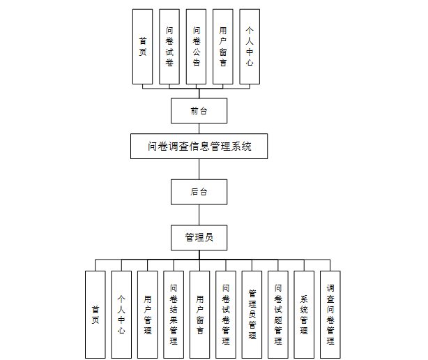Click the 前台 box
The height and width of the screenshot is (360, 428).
pyautogui.click(x=199, y=110)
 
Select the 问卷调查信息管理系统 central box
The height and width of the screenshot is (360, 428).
pyautogui.click(x=199, y=147)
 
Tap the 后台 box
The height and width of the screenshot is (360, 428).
pyautogui.click(x=199, y=191)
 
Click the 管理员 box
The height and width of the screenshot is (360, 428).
pyautogui.click(x=199, y=237)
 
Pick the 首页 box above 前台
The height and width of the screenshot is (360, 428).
pyautogui.click(x=142, y=47)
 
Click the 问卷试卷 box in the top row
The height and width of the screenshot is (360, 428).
pyautogui.click(x=169, y=47)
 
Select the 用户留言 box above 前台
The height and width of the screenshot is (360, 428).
pyautogui.click(x=222, y=47)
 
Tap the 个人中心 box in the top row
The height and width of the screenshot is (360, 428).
pyautogui.click(x=250, y=47)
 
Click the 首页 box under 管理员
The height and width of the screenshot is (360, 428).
pyautogui.click(x=95, y=315)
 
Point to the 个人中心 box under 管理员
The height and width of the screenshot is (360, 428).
pyautogui.click(x=121, y=315)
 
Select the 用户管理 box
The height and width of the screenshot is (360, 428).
pyautogui.click(x=147, y=315)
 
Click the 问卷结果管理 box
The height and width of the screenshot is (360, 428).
pyautogui.click(x=174, y=315)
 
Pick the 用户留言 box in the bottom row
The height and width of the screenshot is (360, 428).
pyautogui.click(x=199, y=315)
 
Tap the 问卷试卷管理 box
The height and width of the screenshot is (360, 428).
pyautogui.click(x=226, y=315)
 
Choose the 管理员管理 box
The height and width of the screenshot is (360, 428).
pyautogui.click(x=252, y=315)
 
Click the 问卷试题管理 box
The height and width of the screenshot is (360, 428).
pyautogui.click(x=278, y=315)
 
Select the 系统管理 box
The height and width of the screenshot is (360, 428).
pyautogui.click(x=304, y=315)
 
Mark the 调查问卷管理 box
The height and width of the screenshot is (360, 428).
pyautogui.click(x=330, y=315)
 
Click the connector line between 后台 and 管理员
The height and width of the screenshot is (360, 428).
pyautogui.click(x=199, y=214)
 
